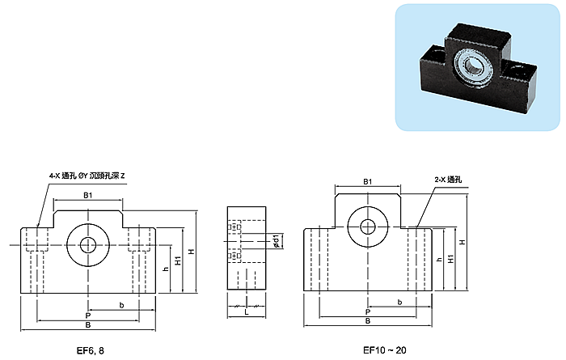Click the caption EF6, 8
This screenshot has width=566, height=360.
[91, 350]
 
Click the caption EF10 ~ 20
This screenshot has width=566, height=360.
[384, 350]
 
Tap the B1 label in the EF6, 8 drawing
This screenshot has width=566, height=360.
[88, 195]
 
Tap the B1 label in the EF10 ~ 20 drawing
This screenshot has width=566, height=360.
[367, 182]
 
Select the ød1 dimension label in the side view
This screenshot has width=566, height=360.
[277, 241]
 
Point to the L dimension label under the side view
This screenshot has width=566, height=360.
[247, 312]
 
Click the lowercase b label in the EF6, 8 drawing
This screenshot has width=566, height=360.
[121, 305]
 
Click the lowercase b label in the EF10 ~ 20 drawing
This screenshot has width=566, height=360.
[399, 302]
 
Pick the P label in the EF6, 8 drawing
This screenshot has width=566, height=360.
[87, 316]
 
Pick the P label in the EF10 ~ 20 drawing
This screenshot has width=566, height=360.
[367, 312]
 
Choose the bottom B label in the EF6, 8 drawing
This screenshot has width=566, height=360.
[87, 325]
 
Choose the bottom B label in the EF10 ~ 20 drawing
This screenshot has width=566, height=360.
[367, 321]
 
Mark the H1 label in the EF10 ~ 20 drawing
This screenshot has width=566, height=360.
[451, 259]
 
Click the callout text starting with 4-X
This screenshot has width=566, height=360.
[87, 176]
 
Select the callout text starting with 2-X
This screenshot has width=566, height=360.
[448, 180]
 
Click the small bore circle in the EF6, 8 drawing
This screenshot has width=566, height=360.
[88, 246]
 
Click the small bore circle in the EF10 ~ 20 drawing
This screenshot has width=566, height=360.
[368, 227]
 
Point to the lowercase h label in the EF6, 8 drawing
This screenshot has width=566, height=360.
[166, 269]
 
